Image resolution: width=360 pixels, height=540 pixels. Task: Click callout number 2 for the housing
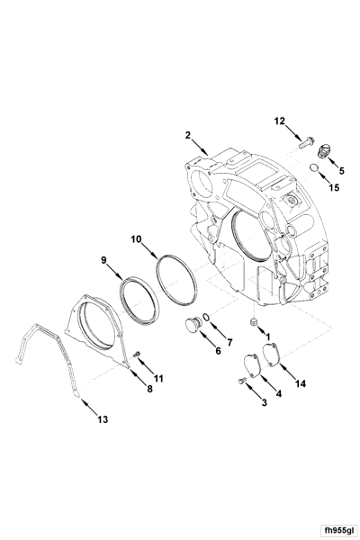tap(188, 135)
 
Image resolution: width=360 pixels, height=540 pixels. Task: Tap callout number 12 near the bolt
tap(280, 120)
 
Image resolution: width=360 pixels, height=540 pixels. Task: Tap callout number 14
tap(301, 383)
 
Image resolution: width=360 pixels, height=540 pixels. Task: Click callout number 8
tap(149, 390)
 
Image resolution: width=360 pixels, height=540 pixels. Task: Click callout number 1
tap(266, 336)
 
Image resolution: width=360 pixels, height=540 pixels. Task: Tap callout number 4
tap(278, 393)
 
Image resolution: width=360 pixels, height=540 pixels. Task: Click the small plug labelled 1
tap(253, 319)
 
